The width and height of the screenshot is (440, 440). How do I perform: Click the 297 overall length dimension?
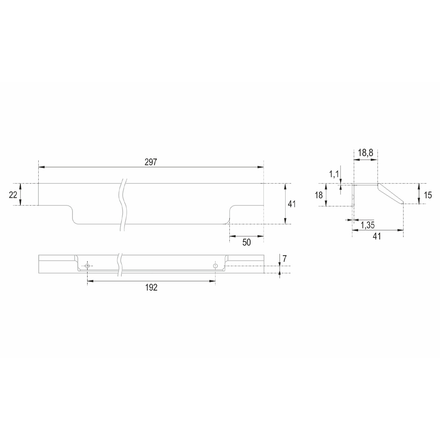(151, 162)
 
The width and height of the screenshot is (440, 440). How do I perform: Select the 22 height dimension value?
(13, 195)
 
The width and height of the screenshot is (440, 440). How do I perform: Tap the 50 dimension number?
(246, 242)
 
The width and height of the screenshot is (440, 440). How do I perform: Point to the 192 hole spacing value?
(151, 287)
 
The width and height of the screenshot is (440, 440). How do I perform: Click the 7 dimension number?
(285, 259)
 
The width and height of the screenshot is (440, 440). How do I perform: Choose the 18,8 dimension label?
(365, 153)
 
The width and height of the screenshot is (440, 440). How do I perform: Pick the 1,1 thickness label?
(334, 174)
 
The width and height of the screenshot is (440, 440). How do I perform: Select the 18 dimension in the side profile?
(319, 195)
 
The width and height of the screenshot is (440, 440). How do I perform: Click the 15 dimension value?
(428, 195)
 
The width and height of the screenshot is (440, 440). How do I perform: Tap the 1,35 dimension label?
(367, 225)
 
